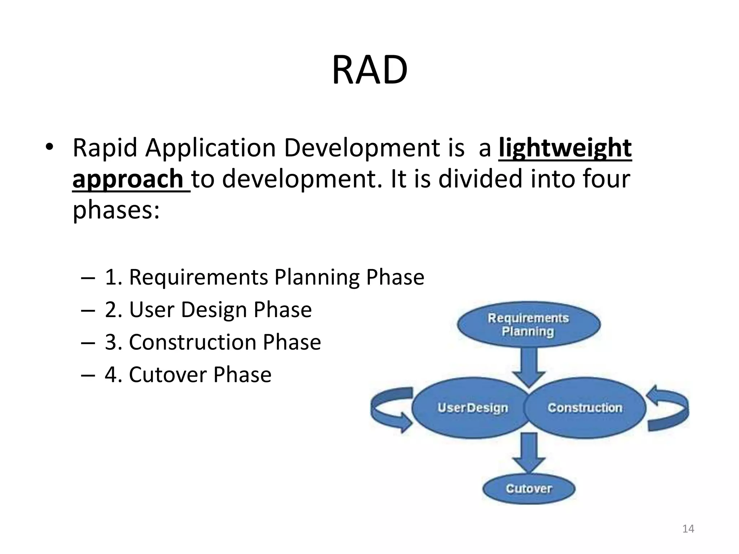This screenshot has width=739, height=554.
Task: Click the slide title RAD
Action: [369, 70]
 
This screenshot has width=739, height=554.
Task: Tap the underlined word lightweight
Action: [565, 148]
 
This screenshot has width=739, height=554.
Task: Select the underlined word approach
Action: [128, 179]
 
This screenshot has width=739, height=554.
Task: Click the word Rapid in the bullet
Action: [105, 148]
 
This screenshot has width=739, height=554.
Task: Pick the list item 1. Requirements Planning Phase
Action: [264, 277]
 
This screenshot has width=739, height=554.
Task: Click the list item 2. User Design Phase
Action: [208, 310]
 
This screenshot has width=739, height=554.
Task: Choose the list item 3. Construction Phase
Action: [213, 342]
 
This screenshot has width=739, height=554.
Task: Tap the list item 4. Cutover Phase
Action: [188, 375]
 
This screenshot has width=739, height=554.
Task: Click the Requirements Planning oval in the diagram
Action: [528, 325]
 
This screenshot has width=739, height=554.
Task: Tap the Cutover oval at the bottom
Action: [529, 489]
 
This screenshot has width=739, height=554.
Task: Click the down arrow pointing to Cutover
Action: [529, 453]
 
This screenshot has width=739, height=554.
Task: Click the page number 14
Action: [688, 529]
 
